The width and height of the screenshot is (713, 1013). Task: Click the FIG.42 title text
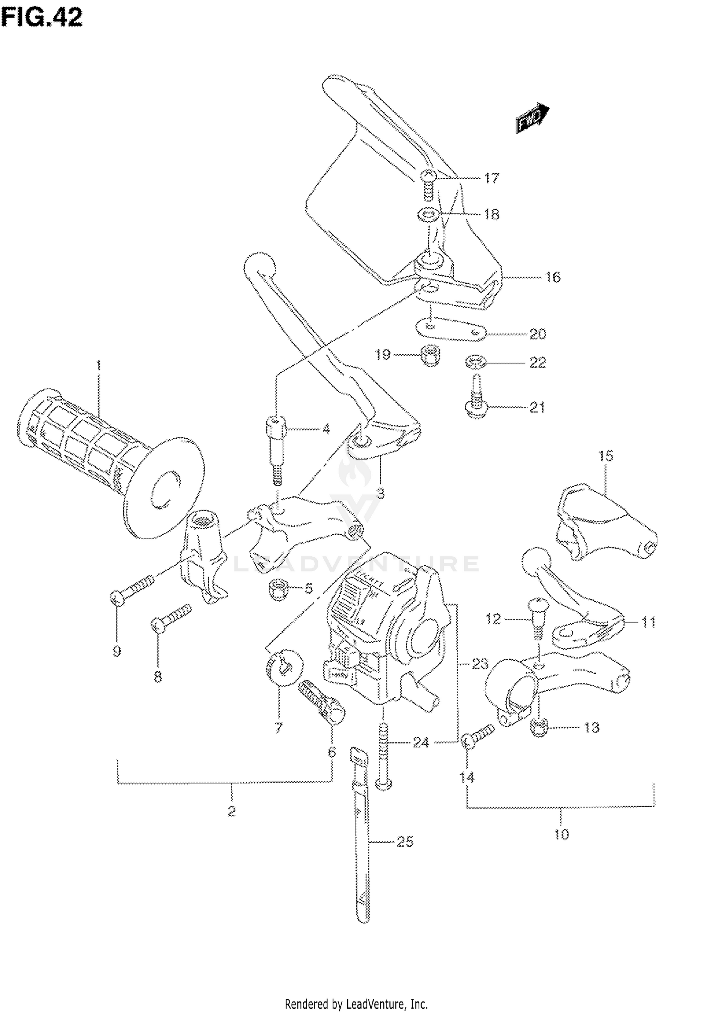pyautogui.click(x=42, y=18)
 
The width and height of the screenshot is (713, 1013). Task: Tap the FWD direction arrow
pyautogui.click(x=532, y=116)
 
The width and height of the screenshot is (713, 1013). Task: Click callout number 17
pyautogui.click(x=491, y=178)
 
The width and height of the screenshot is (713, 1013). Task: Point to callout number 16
pyautogui.click(x=552, y=277)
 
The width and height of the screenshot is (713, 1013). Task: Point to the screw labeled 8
pyautogui.click(x=171, y=618)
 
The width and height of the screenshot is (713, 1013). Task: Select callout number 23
pyautogui.click(x=480, y=663)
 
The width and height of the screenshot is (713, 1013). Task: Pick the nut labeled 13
pyautogui.click(x=539, y=727)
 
